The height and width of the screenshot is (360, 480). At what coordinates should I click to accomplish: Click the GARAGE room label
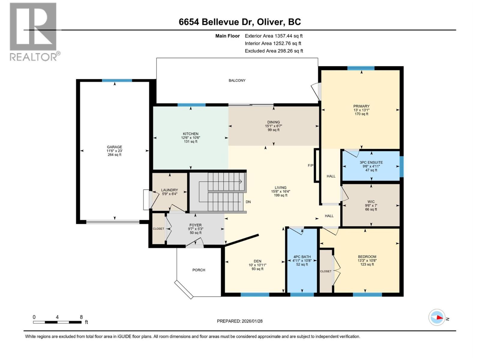(114, 147)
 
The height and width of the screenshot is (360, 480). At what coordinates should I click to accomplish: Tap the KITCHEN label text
(190, 134)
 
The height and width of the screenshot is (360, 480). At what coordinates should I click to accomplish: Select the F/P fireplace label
(310, 165)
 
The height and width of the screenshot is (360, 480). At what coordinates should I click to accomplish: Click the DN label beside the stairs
(248, 202)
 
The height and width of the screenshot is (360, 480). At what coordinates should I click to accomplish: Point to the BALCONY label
(237, 80)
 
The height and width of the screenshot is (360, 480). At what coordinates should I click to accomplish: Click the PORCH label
(199, 270)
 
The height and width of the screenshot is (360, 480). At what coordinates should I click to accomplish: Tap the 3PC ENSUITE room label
(371, 162)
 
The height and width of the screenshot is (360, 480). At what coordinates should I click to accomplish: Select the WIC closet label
(371, 202)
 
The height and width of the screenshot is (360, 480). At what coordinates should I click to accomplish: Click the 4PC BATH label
(302, 257)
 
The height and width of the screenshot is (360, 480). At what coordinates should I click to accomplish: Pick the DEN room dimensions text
(257, 265)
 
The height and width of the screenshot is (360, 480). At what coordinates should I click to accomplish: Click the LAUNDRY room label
(169, 190)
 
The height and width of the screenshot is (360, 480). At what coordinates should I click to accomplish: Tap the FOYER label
(195, 225)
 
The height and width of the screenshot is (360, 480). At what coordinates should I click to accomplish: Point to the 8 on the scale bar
(81, 317)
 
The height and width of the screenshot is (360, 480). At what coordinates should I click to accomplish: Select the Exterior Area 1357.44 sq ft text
(274, 36)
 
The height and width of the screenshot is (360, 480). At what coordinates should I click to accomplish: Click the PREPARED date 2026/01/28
(240, 321)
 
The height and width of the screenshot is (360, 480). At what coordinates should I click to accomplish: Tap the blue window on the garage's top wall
(117, 80)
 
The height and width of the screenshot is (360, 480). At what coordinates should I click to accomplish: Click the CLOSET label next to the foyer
(158, 229)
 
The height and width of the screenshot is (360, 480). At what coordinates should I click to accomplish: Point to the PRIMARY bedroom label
(361, 106)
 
